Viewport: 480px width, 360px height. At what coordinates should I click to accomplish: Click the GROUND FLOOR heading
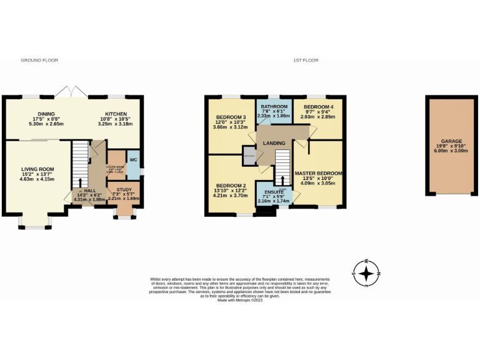[35, 61]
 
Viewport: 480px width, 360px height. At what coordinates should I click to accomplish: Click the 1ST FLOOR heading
[306, 61]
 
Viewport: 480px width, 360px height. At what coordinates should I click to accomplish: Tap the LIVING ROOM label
[37, 169]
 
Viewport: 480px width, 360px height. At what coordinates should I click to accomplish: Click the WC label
[132, 159]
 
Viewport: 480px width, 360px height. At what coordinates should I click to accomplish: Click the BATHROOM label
[274, 107]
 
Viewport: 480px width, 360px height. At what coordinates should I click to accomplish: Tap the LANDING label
[274, 143]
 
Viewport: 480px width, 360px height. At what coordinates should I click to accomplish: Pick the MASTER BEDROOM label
[318, 172]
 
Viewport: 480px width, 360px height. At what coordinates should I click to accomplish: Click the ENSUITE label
[273, 192]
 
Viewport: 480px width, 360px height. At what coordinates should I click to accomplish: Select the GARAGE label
[451, 142]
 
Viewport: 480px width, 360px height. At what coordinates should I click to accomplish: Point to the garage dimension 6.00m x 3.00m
[451, 152]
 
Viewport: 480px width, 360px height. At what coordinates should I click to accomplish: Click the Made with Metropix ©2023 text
[240, 300]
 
